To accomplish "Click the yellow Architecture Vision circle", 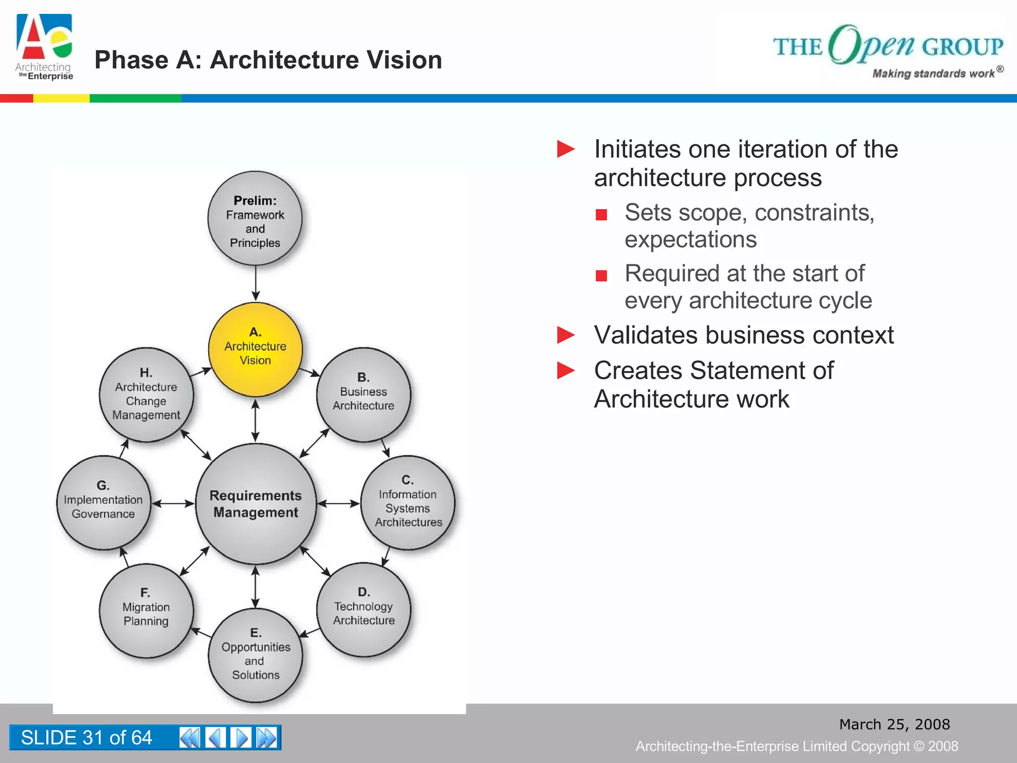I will (x=255, y=349).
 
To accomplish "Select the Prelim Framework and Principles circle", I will (x=255, y=219).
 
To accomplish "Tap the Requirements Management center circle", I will (x=256, y=503).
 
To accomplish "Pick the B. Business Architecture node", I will (x=363, y=394).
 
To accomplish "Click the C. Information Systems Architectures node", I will (x=408, y=502).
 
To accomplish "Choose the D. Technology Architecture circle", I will (x=363, y=610).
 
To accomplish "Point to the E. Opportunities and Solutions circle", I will (x=255, y=655).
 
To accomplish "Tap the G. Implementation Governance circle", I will (x=103, y=502).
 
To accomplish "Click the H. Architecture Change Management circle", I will (x=146, y=394).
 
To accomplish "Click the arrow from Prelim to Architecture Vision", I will (x=255, y=283).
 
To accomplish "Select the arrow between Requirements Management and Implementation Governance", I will (x=173, y=503).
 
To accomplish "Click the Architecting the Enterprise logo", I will (x=44, y=47).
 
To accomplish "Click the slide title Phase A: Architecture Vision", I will (x=268, y=60).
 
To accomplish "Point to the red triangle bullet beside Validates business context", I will (x=566, y=335).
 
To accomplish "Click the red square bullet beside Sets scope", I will (x=601, y=215).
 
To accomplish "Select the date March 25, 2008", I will (x=894, y=724).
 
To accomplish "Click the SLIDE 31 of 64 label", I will (x=86, y=738).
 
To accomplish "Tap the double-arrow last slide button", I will (x=267, y=738).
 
